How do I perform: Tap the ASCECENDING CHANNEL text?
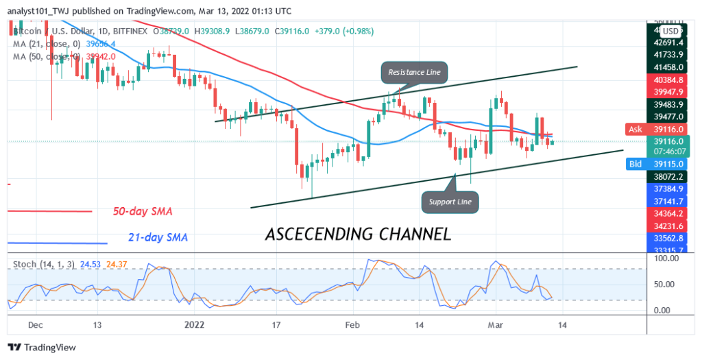click(358, 234)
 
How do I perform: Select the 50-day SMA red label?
click(143, 211)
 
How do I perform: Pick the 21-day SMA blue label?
click(158, 237)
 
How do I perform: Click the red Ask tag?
click(636, 129)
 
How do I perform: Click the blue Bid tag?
click(636, 165)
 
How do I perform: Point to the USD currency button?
click(670, 31)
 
